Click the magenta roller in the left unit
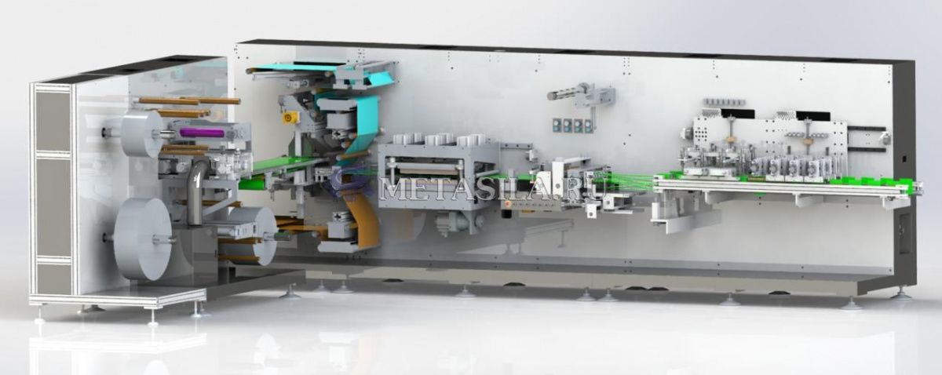pos(202,133)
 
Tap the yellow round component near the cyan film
pos(288,118)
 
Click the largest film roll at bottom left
pos(142,238)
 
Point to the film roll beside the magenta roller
pos(142,134)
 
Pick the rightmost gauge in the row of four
pos(588,126)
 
